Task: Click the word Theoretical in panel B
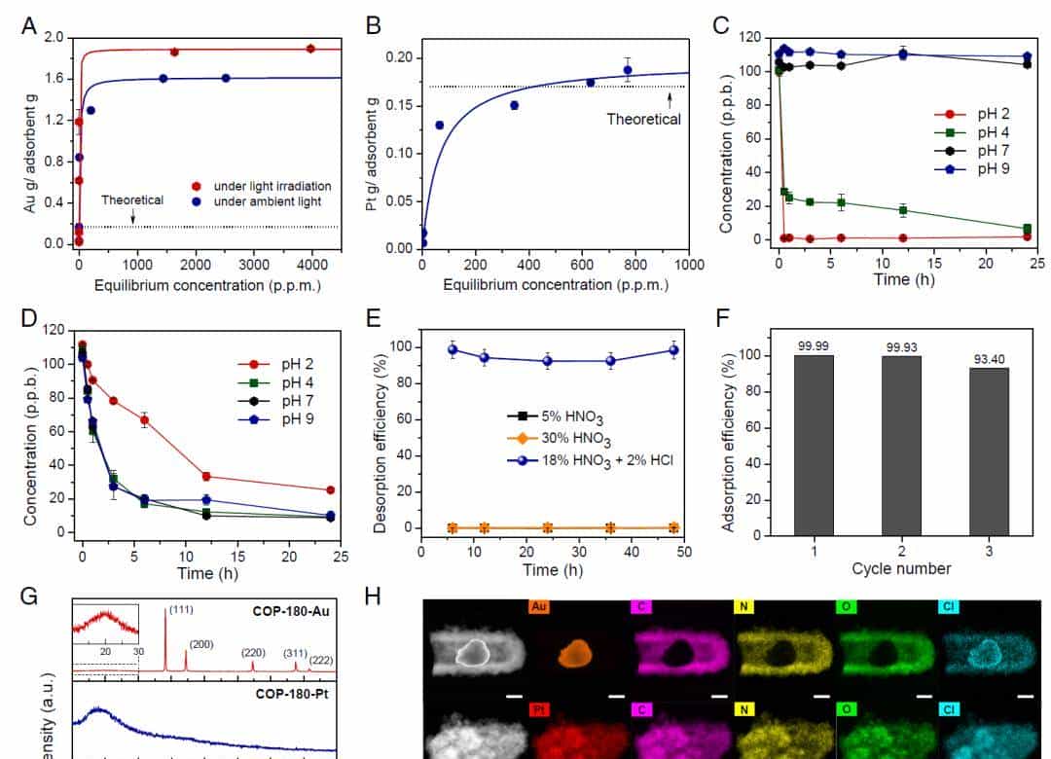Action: pos(643,119)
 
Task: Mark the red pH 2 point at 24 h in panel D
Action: pos(330,490)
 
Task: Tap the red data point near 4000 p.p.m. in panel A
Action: pos(310,49)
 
